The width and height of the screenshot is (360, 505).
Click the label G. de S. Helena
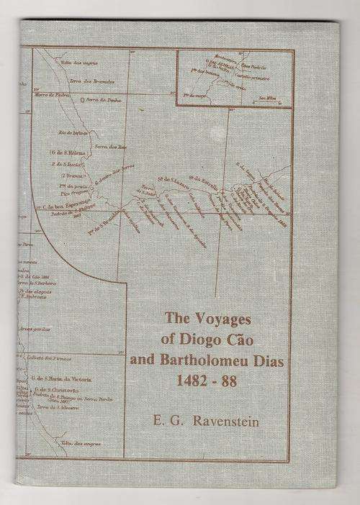(x=66, y=153)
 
